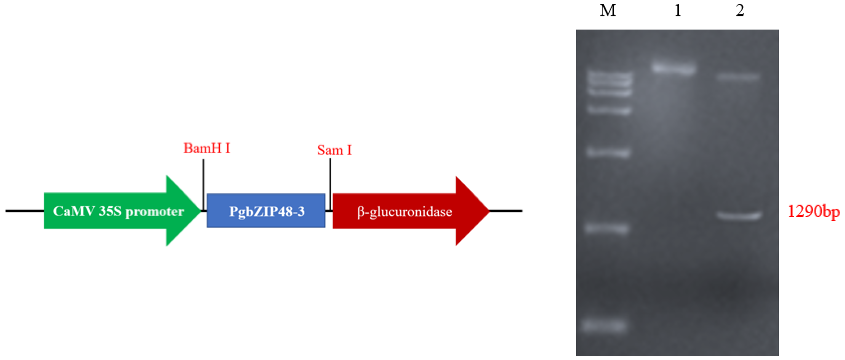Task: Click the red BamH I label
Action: click(x=207, y=148)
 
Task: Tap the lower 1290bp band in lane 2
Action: click(x=738, y=215)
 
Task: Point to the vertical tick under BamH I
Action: click(x=203, y=184)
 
